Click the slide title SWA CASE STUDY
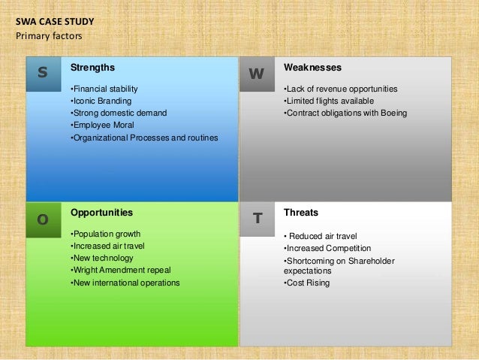tap(55, 22)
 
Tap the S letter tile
tap(43, 74)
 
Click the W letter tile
tap(257, 74)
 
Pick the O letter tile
tap(43, 219)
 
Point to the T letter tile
tap(257, 219)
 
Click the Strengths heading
tap(92, 68)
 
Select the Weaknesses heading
tap(312, 68)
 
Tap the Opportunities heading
tap(101, 213)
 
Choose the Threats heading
tap(301, 213)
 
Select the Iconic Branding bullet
tap(100, 101)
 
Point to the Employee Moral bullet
tap(101, 126)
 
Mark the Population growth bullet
tap(104, 234)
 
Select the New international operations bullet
tap(125, 283)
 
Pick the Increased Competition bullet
tap(327, 248)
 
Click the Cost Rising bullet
tap(307, 283)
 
